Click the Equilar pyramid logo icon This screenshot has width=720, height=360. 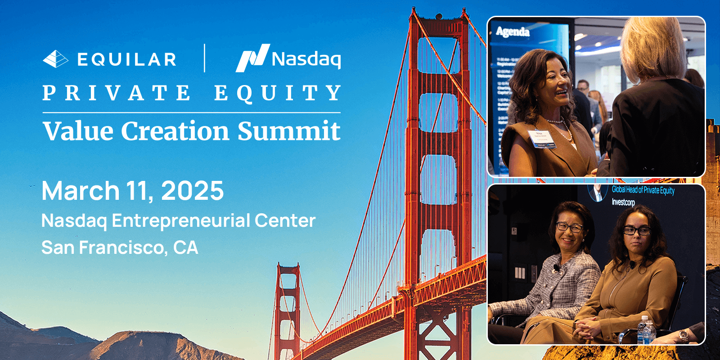pyautogui.click(x=55, y=59)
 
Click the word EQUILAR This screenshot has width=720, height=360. pyautogui.click(x=127, y=59)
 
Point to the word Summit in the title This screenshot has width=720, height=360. pyautogui.click(x=289, y=131)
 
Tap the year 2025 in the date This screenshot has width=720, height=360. pyautogui.click(x=192, y=191)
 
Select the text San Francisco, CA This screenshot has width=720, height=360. pyautogui.click(x=120, y=247)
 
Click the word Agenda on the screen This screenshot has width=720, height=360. pyautogui.click(x=513, y=31)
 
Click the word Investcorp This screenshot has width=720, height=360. pyautogui.click(x=623, y=202)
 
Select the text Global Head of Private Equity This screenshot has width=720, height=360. pyautogui.click(x=643, y=190)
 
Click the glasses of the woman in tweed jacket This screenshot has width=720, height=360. pyautogui.click(x=569, y=227)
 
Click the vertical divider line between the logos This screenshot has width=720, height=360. pyautogui.click(x=205, y=58)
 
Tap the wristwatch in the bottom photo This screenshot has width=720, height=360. pyautogui.click(x=684, y=335)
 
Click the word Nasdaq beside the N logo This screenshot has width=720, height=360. pyautogui.click(x=306, y=59)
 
